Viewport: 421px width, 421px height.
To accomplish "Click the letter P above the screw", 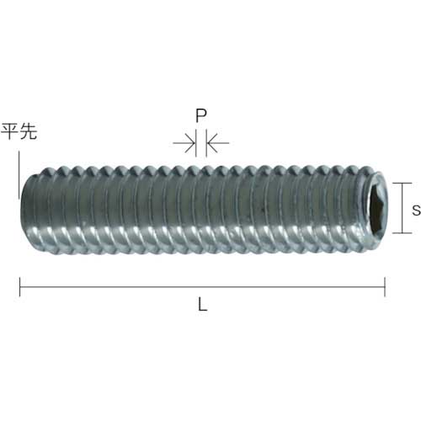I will (x=200, y=116).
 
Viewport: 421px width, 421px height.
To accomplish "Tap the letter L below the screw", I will (x=202, y=306).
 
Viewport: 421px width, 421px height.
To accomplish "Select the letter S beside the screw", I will (x=416, y=211).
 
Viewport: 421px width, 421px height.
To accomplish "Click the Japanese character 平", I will (x=10, y=132).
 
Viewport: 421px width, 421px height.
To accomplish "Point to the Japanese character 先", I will (x=29, y=132).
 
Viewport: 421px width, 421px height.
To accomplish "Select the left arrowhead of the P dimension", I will (x=189, y=145).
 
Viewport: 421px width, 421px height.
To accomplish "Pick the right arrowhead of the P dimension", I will (x=211, y=145).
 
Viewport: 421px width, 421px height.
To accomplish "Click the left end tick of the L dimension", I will (x=20, y=288).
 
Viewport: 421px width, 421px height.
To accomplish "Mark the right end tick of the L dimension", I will (x=386, y=288).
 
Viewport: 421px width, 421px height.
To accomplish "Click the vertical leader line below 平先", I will (x=17, y=173).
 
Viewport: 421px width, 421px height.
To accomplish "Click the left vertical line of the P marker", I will (x=196, y=145).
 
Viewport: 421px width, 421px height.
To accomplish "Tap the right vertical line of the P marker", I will (x=205, y=145).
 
